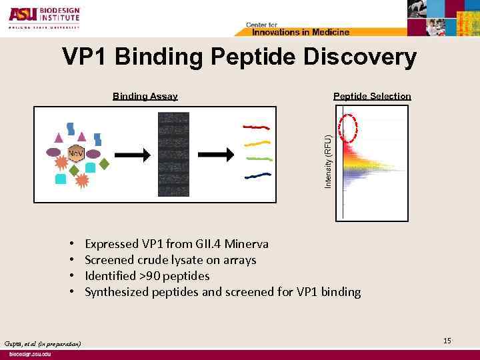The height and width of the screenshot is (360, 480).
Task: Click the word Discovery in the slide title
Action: pyautogui.click(x=359, y=57)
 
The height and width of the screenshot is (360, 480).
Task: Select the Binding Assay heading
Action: pyautogui.click(x=145, y=96)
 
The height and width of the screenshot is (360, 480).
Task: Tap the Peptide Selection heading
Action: pyautogui.click(x=372, y=96)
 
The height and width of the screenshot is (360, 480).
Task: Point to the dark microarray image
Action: pyautogui.click(x=173, y=154)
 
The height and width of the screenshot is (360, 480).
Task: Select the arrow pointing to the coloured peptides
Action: pyautogui.click(x=217, y=154)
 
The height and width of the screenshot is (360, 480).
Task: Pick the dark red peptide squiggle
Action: pyautogui.click(x=256, y=126)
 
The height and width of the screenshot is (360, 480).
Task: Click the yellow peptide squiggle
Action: pyautogui.click(x=257, y=143)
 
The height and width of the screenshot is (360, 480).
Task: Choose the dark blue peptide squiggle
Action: pyautogui.click(x=257, y=175)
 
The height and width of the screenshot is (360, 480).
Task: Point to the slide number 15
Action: pyautogui.click(x=447, y=341)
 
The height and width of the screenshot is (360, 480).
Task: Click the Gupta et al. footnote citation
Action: pyautogui.click(x=42, y=343)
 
